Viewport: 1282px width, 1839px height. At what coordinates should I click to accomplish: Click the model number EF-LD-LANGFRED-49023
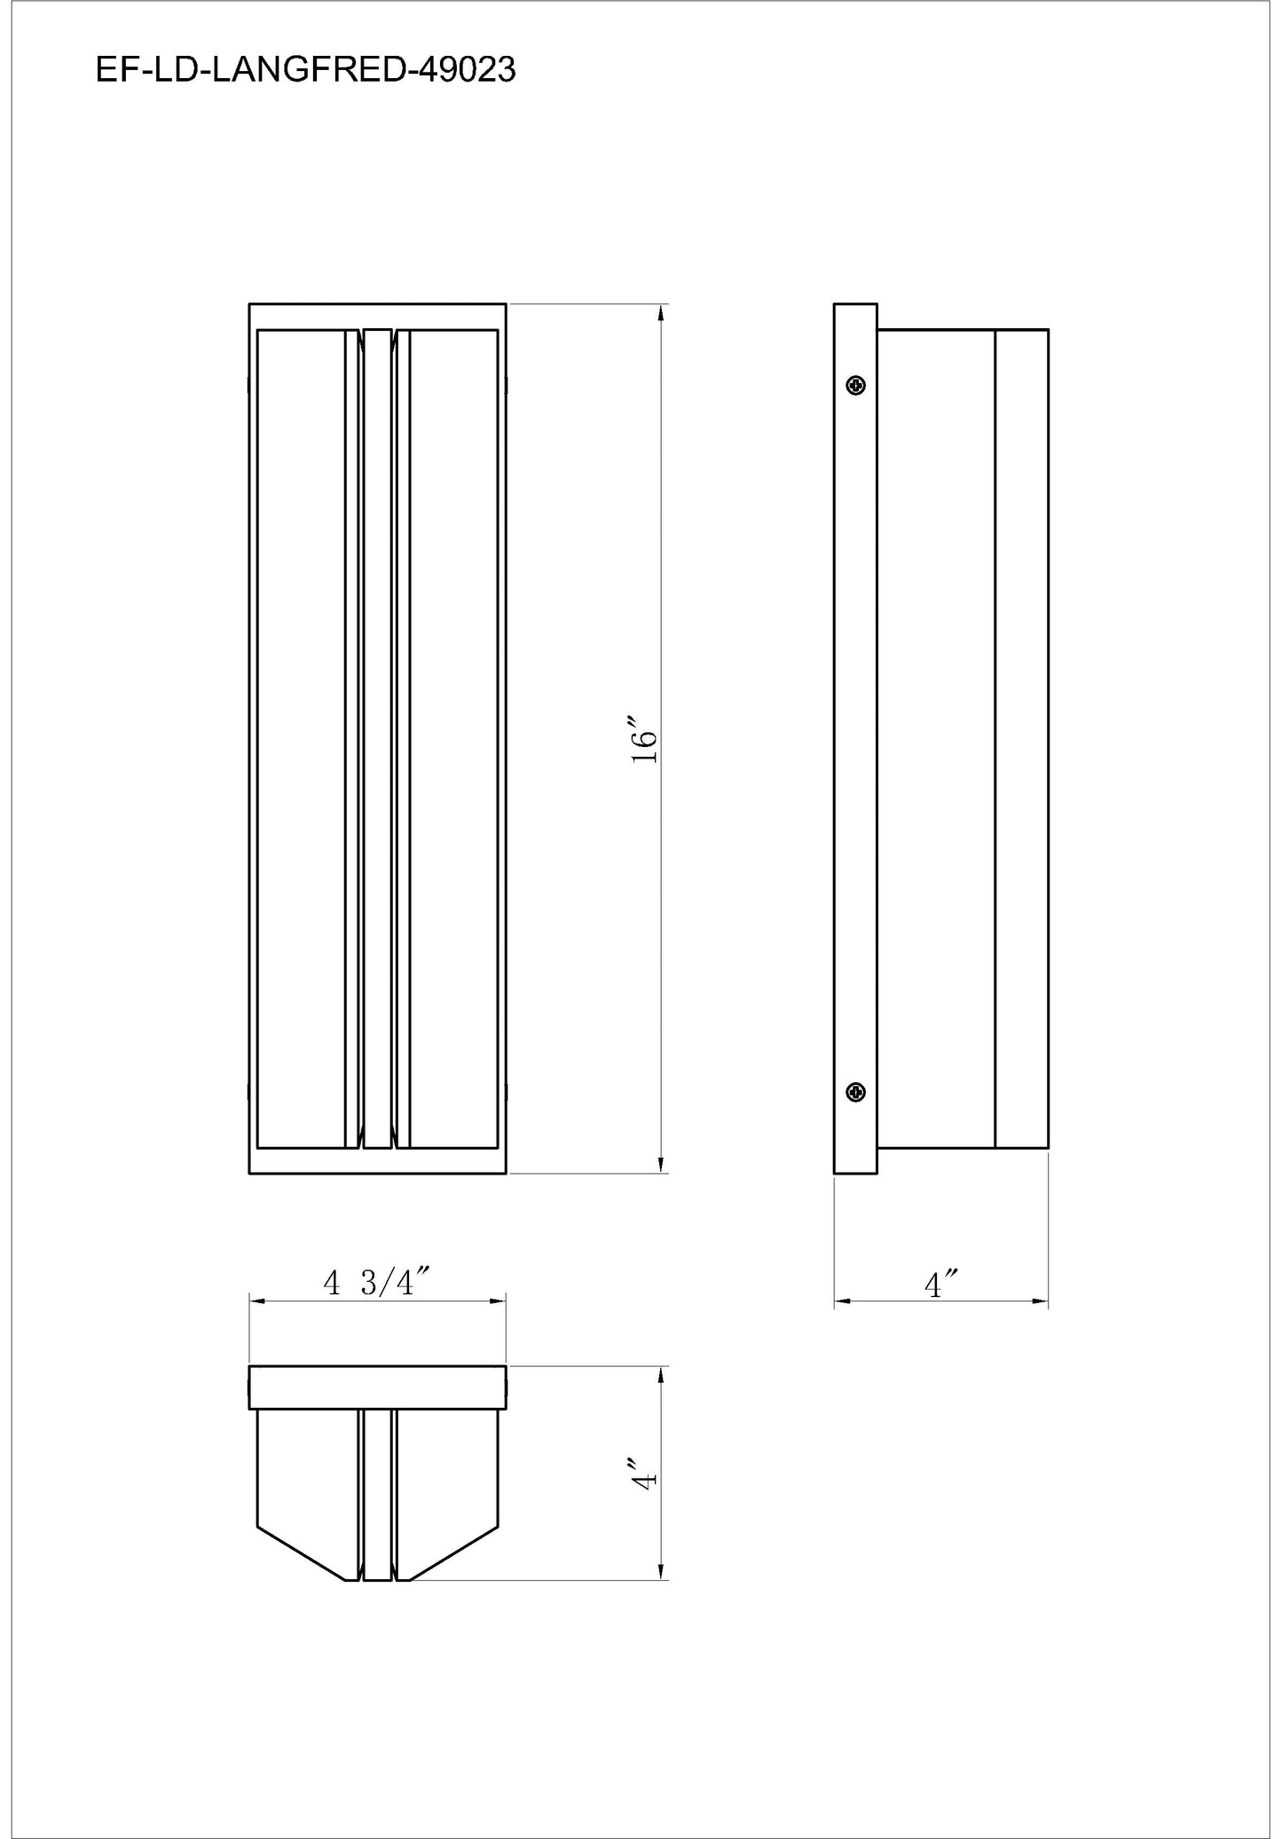(305, 70)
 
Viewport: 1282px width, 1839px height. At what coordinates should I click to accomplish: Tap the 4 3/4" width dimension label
(376, 1282)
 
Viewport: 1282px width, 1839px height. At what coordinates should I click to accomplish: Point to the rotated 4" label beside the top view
(644, 1473)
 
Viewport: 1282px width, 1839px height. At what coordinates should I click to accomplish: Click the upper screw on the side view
(856, 385)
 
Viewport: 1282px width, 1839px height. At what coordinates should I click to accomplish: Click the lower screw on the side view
(856, 1092)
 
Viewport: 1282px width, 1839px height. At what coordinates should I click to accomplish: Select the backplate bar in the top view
(377, 1387)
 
